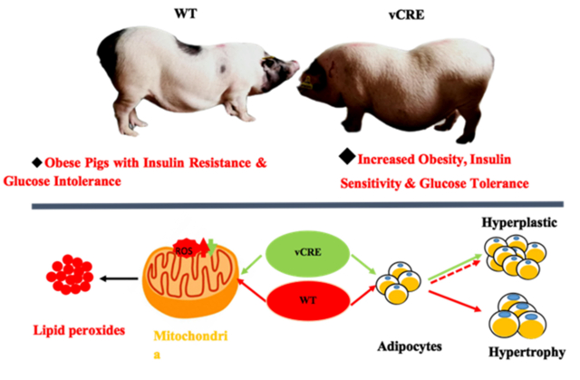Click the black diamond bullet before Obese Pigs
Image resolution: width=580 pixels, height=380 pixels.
coord(37,161)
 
